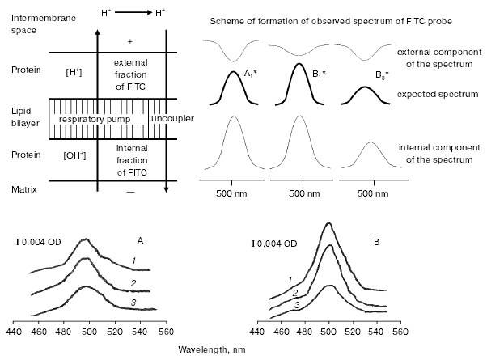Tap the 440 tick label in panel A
click(13, 332)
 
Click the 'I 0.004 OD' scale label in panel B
click(280, 240)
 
